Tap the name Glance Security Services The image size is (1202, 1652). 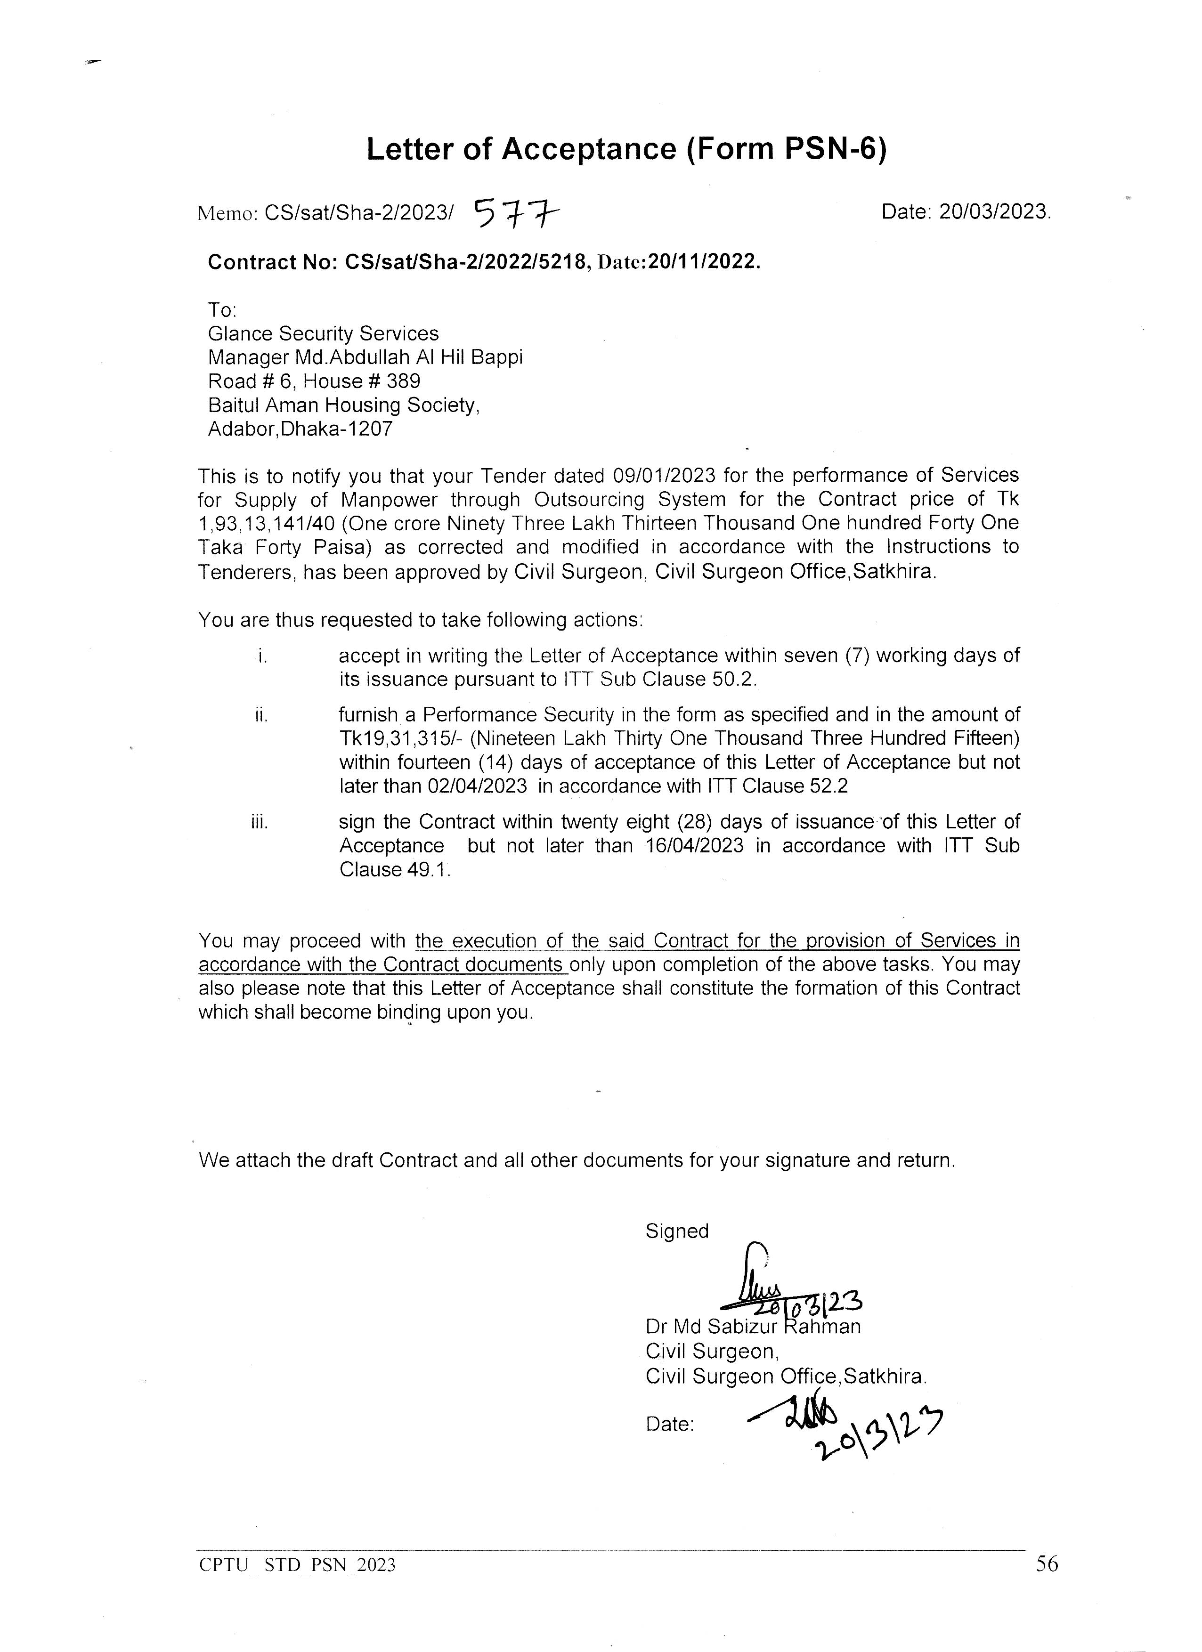coord(324,333)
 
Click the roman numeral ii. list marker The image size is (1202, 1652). coord(261,716)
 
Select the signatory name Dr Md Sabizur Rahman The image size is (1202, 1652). coord(753,1327)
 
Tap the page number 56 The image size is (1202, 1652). coord(1047,1564)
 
